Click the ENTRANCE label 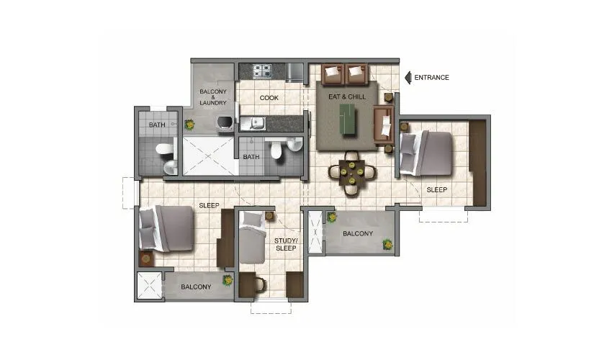tap(432, 78)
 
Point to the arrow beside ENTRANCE tap(408, 77)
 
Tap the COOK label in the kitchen tap(269, 98)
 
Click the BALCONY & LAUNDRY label tap(213, 97)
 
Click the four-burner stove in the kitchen tap(261, 71)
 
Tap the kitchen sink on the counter tap(253, 124)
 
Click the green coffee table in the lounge tap(348, 117)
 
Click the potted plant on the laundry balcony tap(189, 124)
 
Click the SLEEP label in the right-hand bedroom tap(436, 190)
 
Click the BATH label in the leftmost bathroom tap(157, 125)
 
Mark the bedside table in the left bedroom tap(146, 258)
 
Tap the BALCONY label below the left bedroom tap(196, 287)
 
